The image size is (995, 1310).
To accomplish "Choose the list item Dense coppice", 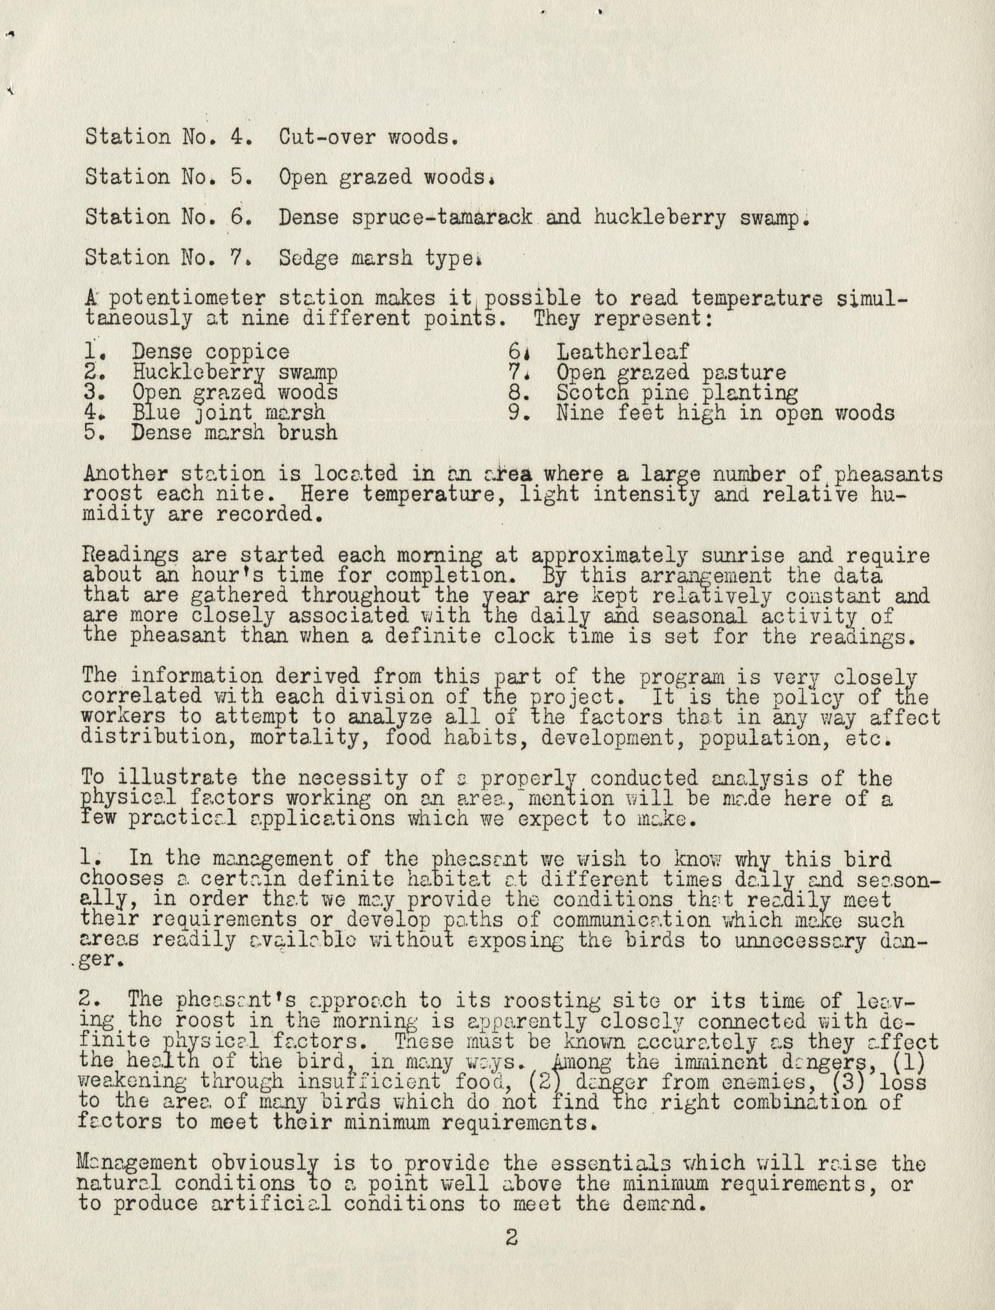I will pyautogui.click(x=211, y=352).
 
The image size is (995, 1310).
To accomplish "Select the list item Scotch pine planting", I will pyautogui.click(x=677, y=393).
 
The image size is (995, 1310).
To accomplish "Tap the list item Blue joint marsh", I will pyautogui.click(x=229, y=413).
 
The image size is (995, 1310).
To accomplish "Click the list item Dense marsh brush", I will pyautogui.click(x=235, y=432).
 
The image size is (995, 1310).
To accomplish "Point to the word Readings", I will pyautogui.click(x=132, y=556).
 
